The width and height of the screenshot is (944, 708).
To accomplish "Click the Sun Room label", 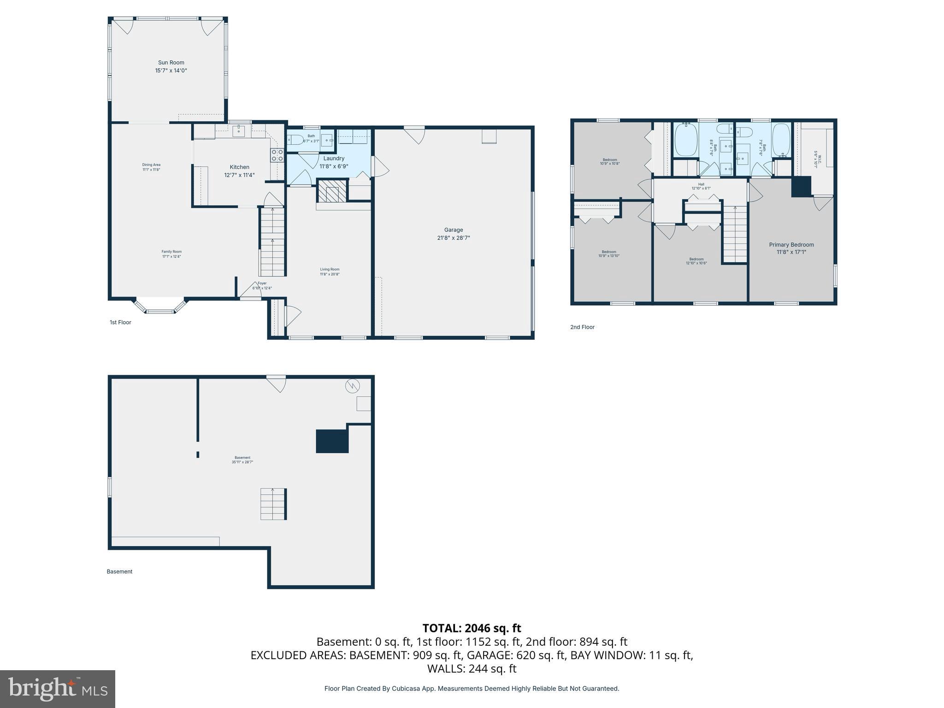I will [171, 63].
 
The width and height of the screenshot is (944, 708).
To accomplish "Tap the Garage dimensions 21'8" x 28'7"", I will [453, 238].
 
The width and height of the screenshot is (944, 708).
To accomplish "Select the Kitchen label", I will [239, 167].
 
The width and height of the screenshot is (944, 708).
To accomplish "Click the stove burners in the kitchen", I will [277, 155].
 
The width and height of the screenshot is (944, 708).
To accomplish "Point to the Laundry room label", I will [334, 158].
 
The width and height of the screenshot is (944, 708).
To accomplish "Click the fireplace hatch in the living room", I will [331, 191].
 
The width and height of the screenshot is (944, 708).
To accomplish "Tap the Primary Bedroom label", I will [791, 245].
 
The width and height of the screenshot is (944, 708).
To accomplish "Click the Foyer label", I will [262, 283].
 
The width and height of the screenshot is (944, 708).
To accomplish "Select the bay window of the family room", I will [160, 307].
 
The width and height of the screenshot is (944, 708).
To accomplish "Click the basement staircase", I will [273, 504].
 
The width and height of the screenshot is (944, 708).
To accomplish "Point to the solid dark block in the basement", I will [331, 441].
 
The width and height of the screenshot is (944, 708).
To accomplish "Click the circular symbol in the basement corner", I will [352, 385].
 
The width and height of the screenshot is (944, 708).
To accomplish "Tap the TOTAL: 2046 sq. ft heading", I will [472, 628].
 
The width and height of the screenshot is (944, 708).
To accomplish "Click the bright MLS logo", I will [58, 689].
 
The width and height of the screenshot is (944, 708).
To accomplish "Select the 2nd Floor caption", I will [582, 327].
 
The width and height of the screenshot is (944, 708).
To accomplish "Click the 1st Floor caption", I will [120, 322].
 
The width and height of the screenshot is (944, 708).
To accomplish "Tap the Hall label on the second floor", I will [701, 184].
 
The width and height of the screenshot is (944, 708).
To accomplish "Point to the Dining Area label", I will [151, 165].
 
